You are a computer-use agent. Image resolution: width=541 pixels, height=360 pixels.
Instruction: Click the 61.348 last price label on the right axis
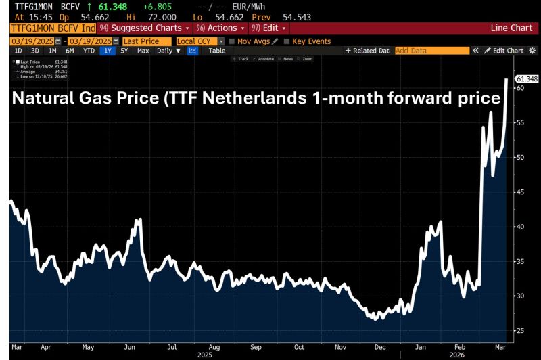tap(527, 79)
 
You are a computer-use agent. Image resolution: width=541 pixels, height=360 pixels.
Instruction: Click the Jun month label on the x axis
tap(131, 346)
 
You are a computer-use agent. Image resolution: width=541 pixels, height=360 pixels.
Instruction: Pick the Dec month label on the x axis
tap(381, 346)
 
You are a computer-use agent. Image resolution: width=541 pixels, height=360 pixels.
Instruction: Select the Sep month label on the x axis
tap(256, 346)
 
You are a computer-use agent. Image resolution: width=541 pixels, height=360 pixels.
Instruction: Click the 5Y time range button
tap(124, 51)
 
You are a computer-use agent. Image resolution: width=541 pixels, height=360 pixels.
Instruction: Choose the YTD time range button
tap(89, 51)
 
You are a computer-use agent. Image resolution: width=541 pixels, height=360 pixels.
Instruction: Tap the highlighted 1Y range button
tap(107, 51)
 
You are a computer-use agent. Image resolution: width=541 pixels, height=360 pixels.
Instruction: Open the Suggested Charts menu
tap(145, 28)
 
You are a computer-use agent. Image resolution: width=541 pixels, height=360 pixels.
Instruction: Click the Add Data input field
tap(431, 51)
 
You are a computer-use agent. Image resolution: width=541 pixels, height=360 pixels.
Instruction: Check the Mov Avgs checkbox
tap(232, 41)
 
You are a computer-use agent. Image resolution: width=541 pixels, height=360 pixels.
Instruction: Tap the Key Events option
tap(286, 41)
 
